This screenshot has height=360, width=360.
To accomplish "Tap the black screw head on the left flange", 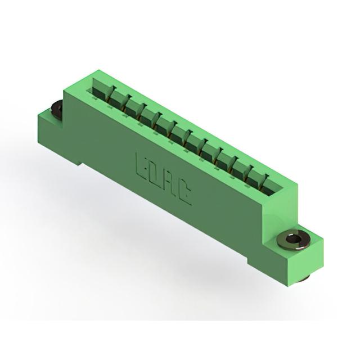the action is point(56,108).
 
